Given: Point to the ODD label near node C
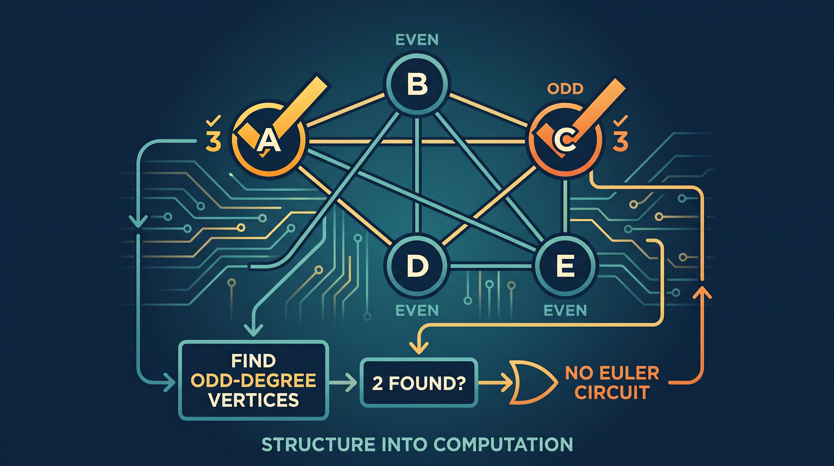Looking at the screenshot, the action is (x=565, y=89).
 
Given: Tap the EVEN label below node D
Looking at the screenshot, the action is (x=417, y=311).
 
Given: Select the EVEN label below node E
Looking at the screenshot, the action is (x=565, y=311).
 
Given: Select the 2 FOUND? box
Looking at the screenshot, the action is (x=419, y=382).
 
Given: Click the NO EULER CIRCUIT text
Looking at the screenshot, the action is (x=612, y=383).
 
